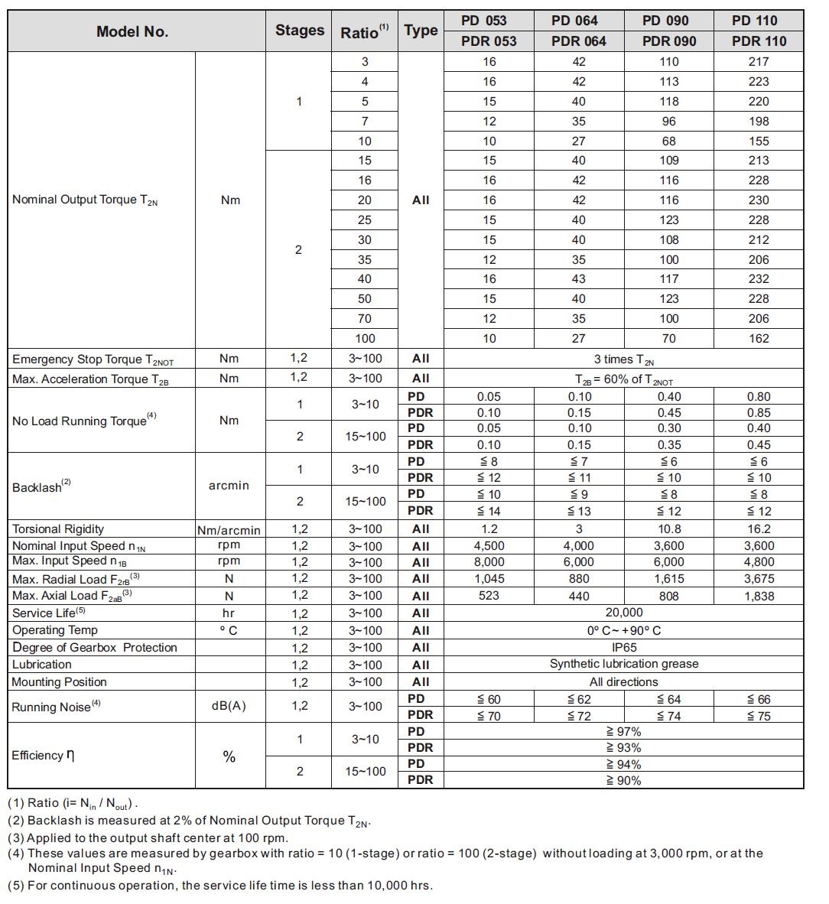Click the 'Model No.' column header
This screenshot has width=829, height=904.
[x=132, y=31]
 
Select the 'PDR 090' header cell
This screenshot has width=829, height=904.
[x=668, y=41]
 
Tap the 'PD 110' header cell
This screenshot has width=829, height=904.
[x=758, y=21]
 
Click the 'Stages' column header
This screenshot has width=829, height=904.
[x=299, y=31]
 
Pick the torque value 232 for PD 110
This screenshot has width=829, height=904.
[x=759, y=279]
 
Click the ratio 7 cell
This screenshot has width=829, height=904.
[x=365, y=121]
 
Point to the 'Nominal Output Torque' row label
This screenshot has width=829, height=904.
[x=85, y=200]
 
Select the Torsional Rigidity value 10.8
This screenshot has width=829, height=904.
[x=668, y=529]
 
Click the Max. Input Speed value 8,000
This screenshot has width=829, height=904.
[x=489, y=562]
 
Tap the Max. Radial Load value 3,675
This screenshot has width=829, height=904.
[x=759, y=579]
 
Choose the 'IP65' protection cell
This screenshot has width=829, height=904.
[x=623, y=648]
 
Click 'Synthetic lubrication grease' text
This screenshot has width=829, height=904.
[x=623, y=664]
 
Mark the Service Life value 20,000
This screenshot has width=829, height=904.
[x=623, y=613]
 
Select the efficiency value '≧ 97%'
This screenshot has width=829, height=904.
[x=623, y=732]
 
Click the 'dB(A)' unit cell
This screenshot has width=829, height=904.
[x=229, y=706]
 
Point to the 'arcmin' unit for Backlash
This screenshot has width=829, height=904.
[x=229, y=486]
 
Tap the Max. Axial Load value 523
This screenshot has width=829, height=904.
[x=489, y=596]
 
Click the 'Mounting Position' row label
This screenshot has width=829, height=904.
[x=60, y=682]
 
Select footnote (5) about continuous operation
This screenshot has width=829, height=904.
[x=220, y=886]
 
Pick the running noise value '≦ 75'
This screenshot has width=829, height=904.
[x=759, y=717]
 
